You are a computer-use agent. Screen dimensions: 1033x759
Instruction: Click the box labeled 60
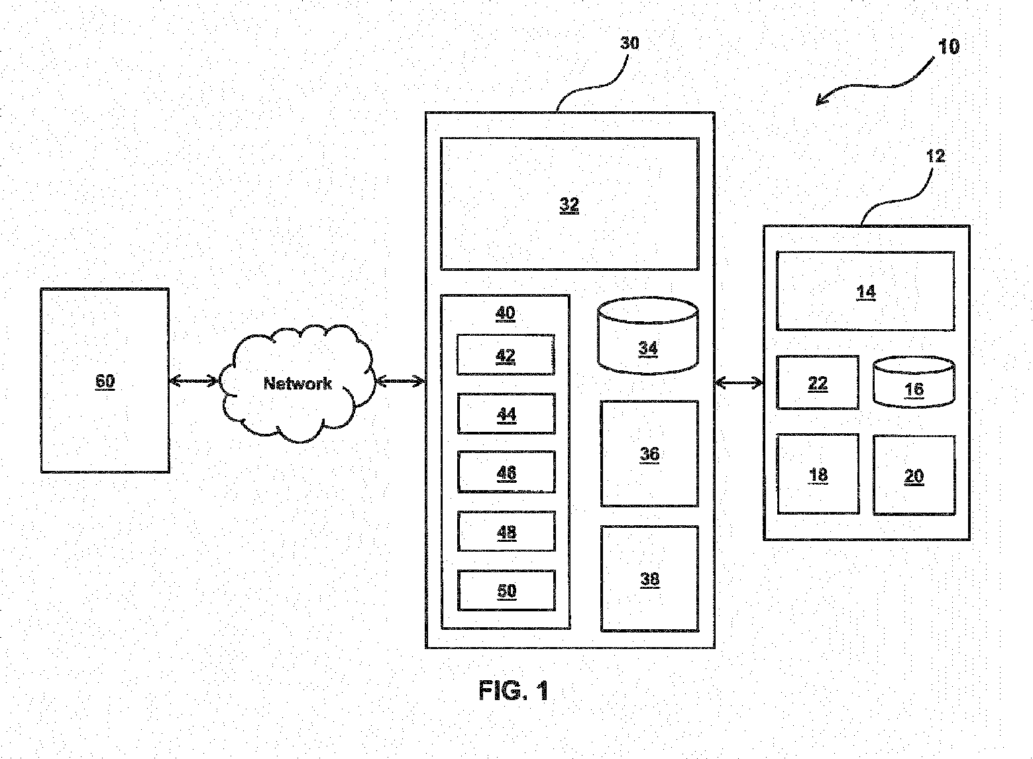pyautogui.click(x=105, y=381)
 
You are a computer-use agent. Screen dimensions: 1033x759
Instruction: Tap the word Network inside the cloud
pyautogui.click(x=298, y=383)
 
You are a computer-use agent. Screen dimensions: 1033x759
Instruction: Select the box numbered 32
pyautogui.click(x=570, y=204)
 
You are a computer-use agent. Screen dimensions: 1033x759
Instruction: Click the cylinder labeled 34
pyautogui.click(x=647, y=336)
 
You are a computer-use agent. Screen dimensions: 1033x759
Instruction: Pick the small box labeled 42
pyautogui.click(x=506, y=355)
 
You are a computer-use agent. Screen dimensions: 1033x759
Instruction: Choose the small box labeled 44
pyautogui.click(x=506, y=413)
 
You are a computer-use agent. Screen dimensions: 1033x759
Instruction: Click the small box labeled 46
pyautogui.click(x=506, y=472)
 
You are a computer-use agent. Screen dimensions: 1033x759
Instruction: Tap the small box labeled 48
pyautogui.click(x=506, y=531)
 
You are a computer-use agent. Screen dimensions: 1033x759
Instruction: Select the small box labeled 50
pyautogui.click(x=506, y=590)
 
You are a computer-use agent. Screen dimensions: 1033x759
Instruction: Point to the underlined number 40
pyautogui.click(x=506, y=313)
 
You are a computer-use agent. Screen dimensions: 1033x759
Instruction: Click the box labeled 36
pyautogui.click(x=649, y=454)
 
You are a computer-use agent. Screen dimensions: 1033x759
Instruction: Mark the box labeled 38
pyautogui.click(x=649, y=579)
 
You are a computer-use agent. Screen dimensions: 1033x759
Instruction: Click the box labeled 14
pyautogui.click(x=865, y=291)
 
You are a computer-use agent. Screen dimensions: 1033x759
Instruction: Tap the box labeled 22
pyautogui.click(x=818, y=383)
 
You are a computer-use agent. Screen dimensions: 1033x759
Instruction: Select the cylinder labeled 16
pyautogui.click(x=914, y=382)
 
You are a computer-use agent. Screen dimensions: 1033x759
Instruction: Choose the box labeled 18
pyautogui.click(x=818, y=474)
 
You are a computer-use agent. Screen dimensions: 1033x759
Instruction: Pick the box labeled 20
pyautogui.click(x=914, y=475)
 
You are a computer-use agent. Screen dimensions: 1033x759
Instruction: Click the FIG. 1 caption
pyautogui.click(x=514, y=690)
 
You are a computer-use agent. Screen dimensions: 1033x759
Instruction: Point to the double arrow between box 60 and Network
pyautogui.click(x=194, y=381)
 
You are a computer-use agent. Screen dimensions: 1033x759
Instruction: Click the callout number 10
pyautogui.click(x=949, y=47)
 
